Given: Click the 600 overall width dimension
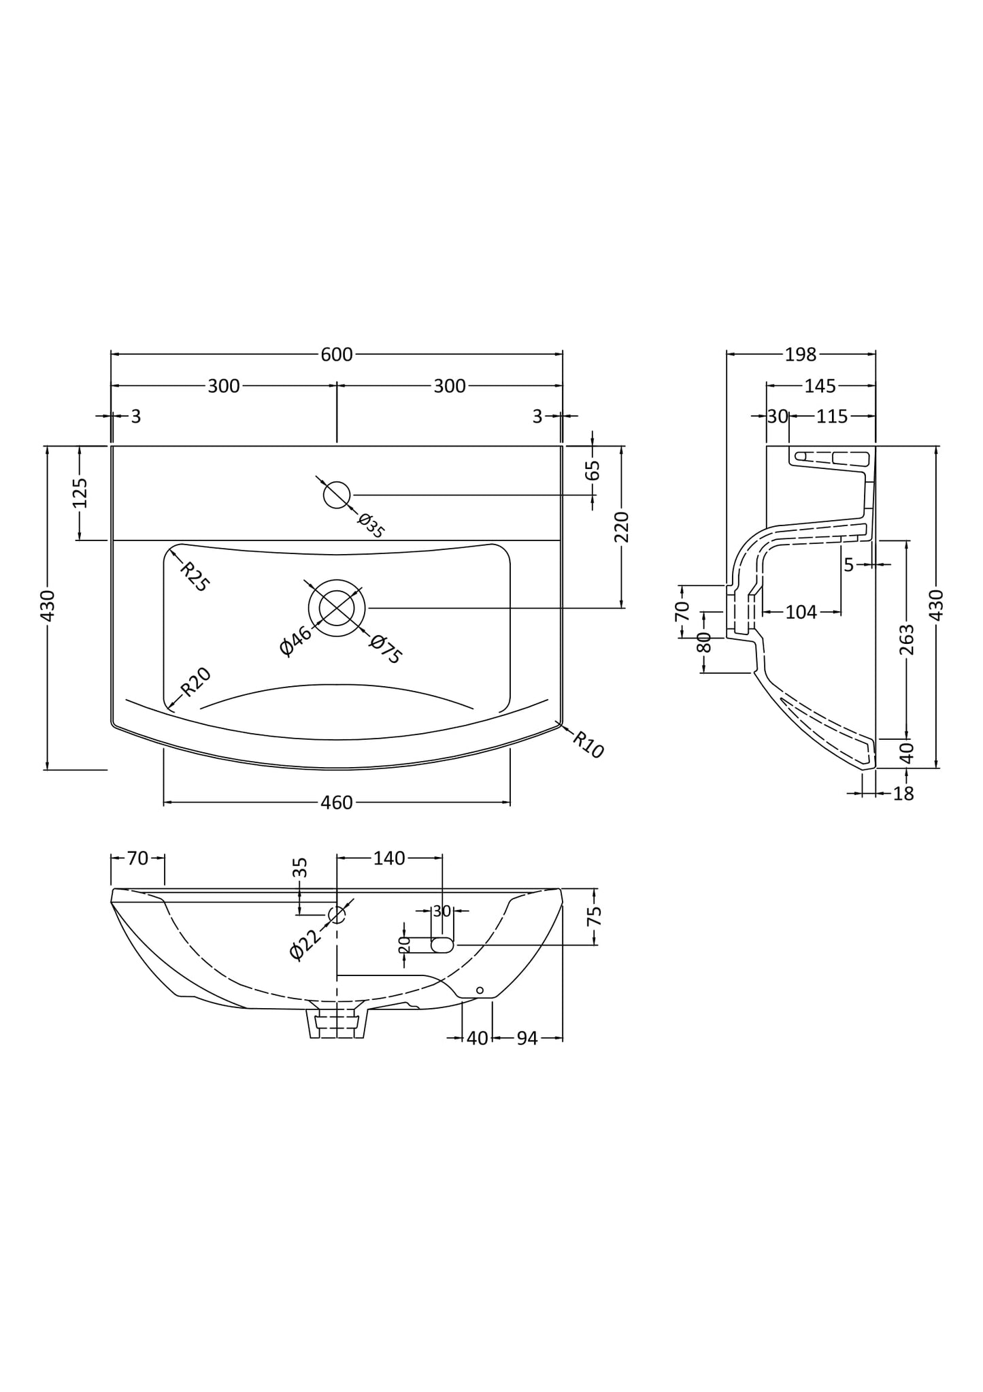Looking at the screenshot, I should click(337, 355).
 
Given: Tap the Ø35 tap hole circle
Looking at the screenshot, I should click(336, 495).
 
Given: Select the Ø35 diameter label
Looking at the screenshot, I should click(371, 526).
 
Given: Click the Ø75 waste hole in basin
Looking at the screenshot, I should click(337, 608).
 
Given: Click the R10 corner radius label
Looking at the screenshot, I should click(588, 745).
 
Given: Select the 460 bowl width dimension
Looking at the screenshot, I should click(337, 803).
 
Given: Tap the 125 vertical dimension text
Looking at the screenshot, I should click(80, 493).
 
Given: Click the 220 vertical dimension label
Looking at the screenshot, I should click(622, 526).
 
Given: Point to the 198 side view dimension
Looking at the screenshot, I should click(800, 355).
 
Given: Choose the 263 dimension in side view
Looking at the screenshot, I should click(907, 639).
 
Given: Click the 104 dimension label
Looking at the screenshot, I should click(801, 613).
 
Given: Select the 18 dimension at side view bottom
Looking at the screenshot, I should click(903, 794).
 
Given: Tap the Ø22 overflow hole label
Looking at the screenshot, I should click(305, 943).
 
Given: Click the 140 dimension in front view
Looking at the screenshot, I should click(389, 858).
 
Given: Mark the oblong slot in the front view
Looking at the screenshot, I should click(442, 945).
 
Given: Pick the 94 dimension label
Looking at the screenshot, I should click(527, 1038).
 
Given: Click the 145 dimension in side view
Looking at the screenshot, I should click(820, 386).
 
